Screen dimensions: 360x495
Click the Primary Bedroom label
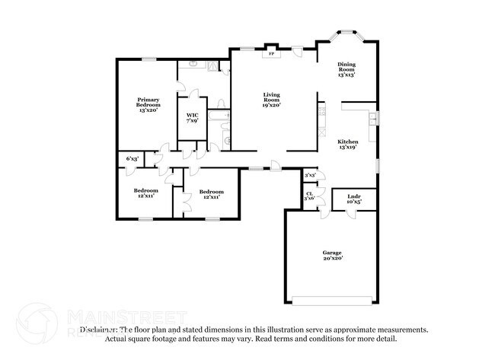pos(148,104)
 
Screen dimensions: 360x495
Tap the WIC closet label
pos(192,117)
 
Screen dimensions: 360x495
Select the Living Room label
pos(271,100)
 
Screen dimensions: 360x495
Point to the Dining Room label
pos(346,71)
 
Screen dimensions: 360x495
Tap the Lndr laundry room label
pos(353,196)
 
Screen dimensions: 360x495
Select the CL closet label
pos(309,193)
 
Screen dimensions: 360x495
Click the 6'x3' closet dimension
pos(132,158)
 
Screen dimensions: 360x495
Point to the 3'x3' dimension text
pos(310,175)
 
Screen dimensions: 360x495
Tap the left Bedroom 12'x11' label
pos(145,193)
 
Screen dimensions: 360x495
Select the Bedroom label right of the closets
pos(211,193)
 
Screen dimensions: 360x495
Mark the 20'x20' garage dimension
pos(331,258)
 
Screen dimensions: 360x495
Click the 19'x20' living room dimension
pos(271,105)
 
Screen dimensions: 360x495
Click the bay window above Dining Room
pos(346,33)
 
